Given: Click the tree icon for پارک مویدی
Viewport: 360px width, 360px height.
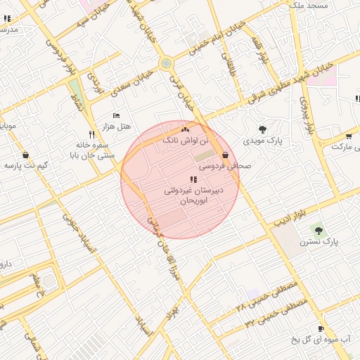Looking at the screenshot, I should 263,129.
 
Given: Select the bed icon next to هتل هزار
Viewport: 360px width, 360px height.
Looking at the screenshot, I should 117,115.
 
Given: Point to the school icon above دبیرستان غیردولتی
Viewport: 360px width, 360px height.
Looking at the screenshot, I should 193,180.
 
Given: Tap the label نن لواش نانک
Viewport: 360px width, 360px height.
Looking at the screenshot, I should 186,141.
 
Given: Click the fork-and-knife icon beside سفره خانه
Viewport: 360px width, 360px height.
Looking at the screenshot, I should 91,134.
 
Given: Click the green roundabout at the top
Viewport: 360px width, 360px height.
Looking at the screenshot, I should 166,63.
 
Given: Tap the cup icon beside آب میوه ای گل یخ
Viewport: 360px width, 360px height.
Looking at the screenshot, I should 321,328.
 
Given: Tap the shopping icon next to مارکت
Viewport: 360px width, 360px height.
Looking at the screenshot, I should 349,136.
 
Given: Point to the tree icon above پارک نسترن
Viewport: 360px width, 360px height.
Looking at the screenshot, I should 319,229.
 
